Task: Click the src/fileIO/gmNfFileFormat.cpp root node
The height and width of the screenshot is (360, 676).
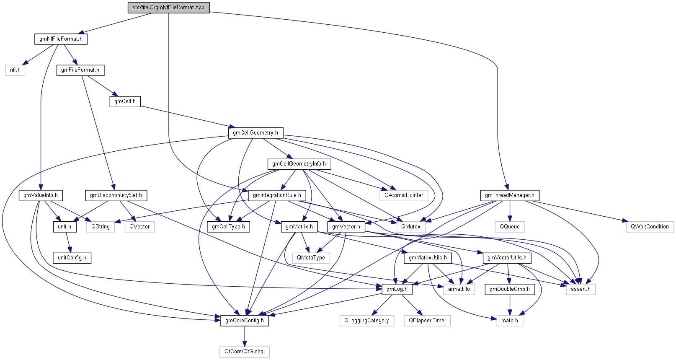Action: click(168, 8)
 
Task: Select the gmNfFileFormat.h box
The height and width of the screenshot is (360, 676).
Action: click(61, 39)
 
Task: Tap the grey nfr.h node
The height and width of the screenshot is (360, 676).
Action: click(15, 70)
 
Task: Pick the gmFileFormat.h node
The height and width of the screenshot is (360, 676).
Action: click(80, 70)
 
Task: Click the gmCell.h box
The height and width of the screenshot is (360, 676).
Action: click(125, 101)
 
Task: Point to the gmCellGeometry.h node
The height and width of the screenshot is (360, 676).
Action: click(255, 133)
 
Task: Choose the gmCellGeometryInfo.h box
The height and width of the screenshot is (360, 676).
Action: click(299, 164)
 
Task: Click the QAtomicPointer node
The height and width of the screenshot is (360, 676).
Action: click(404, 195)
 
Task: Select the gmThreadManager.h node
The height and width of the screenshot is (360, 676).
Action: click(509, 195)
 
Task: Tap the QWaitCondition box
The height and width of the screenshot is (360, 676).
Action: click(650, 227)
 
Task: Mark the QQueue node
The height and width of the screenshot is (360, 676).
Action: click(509, 227)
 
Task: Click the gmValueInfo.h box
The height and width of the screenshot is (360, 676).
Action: click(41, 195)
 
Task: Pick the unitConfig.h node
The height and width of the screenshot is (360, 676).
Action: click(72, 258)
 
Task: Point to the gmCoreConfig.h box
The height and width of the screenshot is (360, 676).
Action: click(245, 321)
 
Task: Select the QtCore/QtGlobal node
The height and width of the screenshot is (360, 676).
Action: click(245, 352)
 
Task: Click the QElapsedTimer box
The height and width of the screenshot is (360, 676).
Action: click(427, 321)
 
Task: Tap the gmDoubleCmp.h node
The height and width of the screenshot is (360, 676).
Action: click(509, 289)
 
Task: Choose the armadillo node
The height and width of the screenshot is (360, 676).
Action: click(459, 289)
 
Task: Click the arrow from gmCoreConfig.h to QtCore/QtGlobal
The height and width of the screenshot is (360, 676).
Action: click(245, 336)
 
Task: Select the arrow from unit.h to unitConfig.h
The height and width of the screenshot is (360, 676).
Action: click(67, 242)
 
